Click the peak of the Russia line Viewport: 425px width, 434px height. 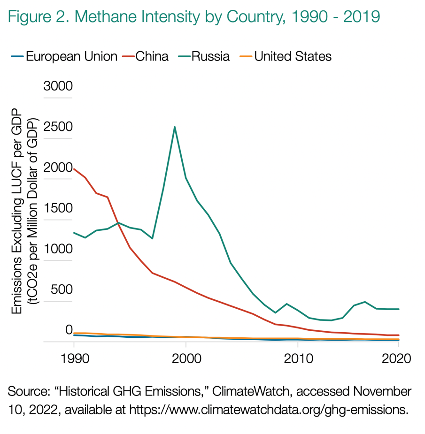175,127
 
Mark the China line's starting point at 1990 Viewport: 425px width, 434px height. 74,169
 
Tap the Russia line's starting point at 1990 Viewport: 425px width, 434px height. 74,233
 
